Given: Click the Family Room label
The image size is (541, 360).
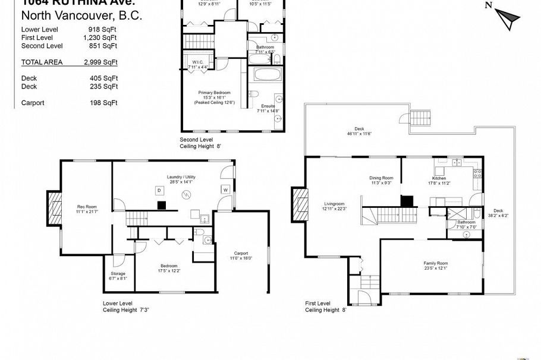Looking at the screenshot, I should (x=435, y=264).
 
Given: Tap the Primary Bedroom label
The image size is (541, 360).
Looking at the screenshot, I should (x=214, y=93).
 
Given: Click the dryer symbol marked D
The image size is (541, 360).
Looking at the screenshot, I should (x=159, y=190).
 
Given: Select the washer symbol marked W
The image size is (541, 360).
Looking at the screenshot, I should (x=225, y=190).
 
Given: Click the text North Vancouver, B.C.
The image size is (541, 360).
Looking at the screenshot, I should (x=81, y=16).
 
